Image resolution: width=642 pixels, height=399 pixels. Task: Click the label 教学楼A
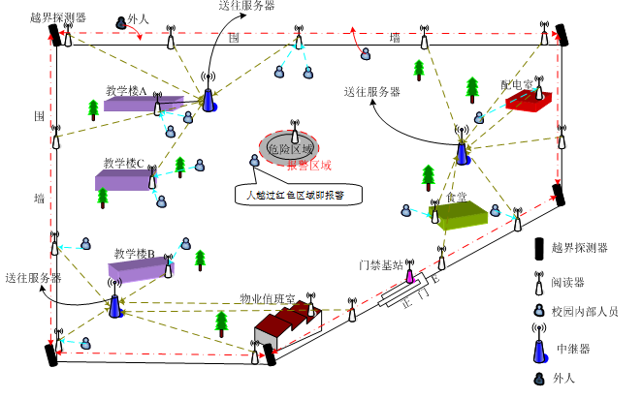(125, 91)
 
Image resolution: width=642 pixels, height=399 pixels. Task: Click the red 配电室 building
(529, 100)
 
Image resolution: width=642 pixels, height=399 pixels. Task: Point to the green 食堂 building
(459, 215)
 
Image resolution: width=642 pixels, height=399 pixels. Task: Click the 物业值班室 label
(267, 298)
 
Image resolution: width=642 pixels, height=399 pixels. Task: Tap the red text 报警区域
(308, 165)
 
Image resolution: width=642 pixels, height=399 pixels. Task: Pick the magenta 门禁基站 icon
(409, 275)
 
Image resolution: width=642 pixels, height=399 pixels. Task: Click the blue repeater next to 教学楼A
(209, 100)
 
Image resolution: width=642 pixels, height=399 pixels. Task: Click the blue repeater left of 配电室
(463, 152)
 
